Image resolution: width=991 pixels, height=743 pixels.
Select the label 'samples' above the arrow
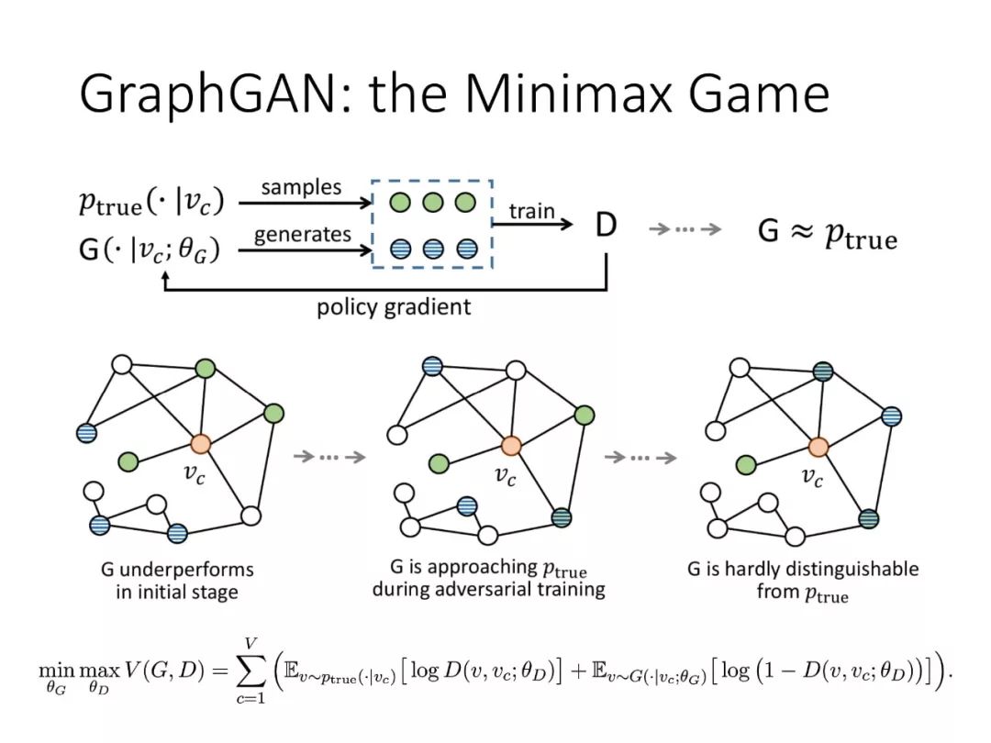point(301,188)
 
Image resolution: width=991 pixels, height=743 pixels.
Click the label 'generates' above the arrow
point(302,235)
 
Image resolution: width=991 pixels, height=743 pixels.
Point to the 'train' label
point(531,211)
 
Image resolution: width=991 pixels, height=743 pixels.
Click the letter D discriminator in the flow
point(606,225)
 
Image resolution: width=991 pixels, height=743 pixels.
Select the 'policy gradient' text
point(394,307)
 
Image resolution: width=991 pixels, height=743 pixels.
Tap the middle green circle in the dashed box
point(433,203)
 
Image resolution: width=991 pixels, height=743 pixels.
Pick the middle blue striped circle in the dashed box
point(433,249)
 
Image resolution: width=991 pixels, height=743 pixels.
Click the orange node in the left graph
point(200,444)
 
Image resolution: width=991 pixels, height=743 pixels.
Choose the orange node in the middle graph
point(511,446)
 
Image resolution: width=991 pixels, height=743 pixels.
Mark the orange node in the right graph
point(818,448)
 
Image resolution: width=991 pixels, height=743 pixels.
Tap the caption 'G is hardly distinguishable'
point(803,570)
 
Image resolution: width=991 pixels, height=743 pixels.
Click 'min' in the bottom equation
point(56,671)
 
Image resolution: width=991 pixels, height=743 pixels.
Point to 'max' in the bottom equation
point(100,671)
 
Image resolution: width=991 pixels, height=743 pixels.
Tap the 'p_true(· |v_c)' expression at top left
point(151,202)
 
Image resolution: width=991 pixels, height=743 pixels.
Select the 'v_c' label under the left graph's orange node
point(194,473)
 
